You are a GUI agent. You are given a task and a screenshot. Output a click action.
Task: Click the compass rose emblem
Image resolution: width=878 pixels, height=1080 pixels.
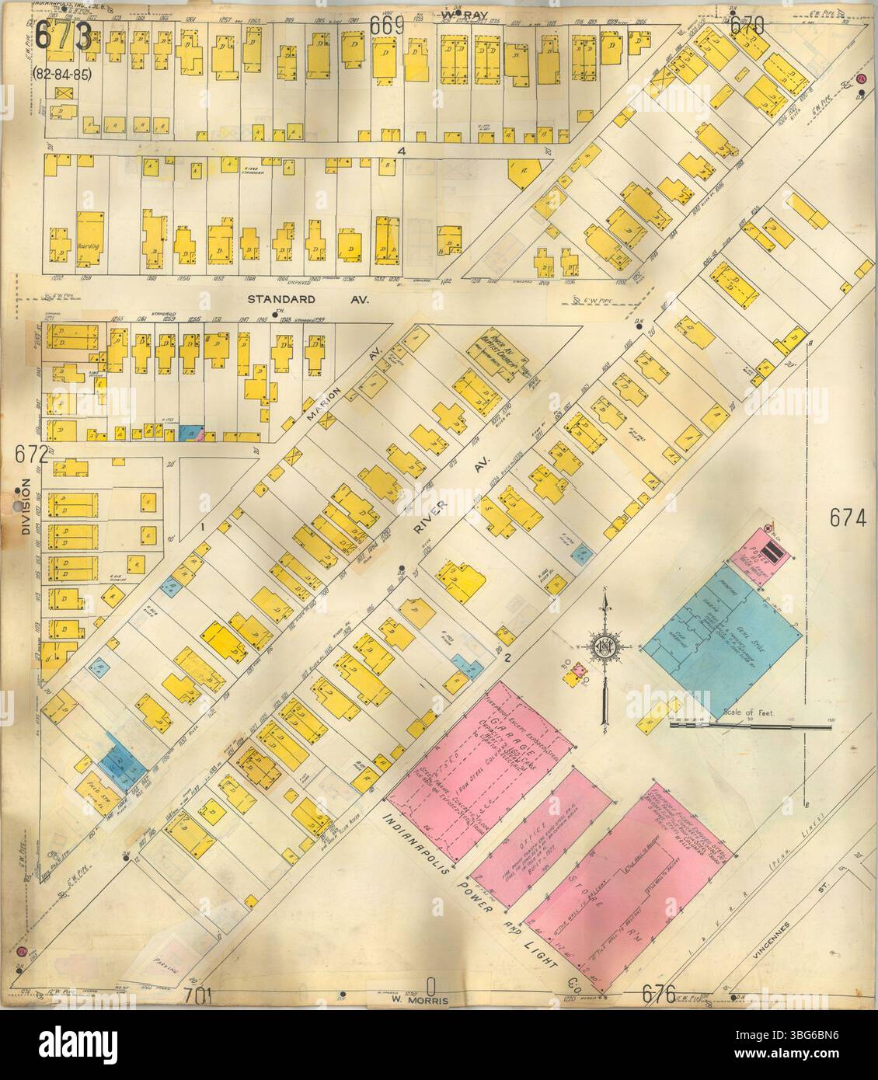[x=604, y=647]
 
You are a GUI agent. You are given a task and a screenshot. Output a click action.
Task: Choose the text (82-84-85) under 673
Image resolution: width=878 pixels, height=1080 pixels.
[x=59, y=74]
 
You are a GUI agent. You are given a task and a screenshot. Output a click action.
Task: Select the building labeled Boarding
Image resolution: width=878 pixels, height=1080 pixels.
[x=88, y=232]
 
